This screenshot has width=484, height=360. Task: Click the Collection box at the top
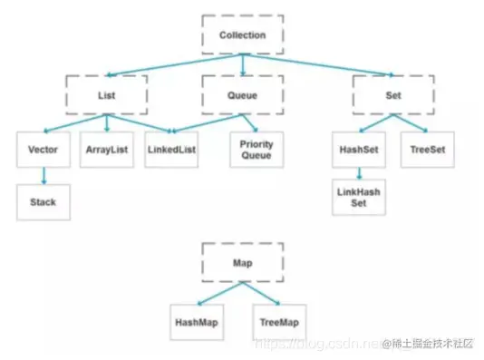tap(242, 35)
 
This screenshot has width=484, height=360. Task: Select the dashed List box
tap(105, 93)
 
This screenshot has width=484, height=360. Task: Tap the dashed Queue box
tap(242, 93)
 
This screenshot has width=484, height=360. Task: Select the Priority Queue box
tap(257, 150)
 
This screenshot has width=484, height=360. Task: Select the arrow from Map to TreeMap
tap(264, 293)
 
